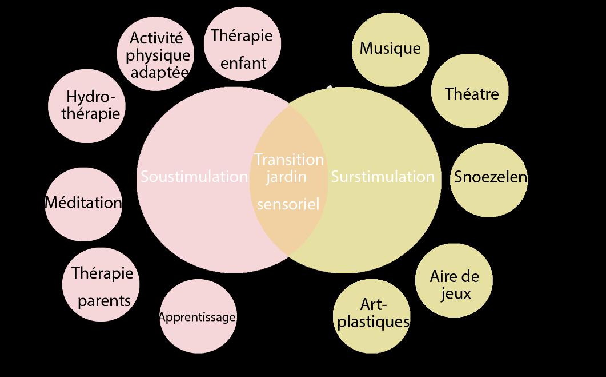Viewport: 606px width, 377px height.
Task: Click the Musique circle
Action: [x=390, y=50]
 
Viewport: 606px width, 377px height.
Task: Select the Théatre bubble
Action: [x=470, y=90]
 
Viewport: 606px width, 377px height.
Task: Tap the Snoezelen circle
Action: [x=489, y=180]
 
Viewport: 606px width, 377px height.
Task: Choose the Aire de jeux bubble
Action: [x=454, y=281]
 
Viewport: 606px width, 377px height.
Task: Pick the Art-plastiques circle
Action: [x=372, y=316]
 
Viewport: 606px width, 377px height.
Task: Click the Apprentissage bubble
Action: [x=198, y=316]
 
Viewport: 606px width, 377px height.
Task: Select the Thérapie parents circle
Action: [x=101, y=284]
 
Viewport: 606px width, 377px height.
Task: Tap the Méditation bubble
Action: [x=83, y=204]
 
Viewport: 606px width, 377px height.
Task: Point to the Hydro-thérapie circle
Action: [x=87, y=106]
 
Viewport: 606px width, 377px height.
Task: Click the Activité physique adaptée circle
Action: [x=155, y=54]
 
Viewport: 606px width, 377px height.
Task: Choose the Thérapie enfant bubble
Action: [x=242, y=43]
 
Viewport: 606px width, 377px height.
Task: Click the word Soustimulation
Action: [x=194, y=177]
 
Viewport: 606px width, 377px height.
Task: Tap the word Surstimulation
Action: [x=383, y=177]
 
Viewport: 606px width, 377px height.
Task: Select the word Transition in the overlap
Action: [x=289, y=160]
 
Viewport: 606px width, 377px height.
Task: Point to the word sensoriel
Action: [x=288, y=204]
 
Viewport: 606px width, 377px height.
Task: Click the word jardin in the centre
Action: [x=286, y=178]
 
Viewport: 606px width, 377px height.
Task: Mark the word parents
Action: [x=105, y=301]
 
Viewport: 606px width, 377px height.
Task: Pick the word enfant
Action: [x=243, y=63]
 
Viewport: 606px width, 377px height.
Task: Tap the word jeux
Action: [x=456, y=294]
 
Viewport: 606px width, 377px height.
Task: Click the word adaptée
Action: [x=159, y=72]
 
